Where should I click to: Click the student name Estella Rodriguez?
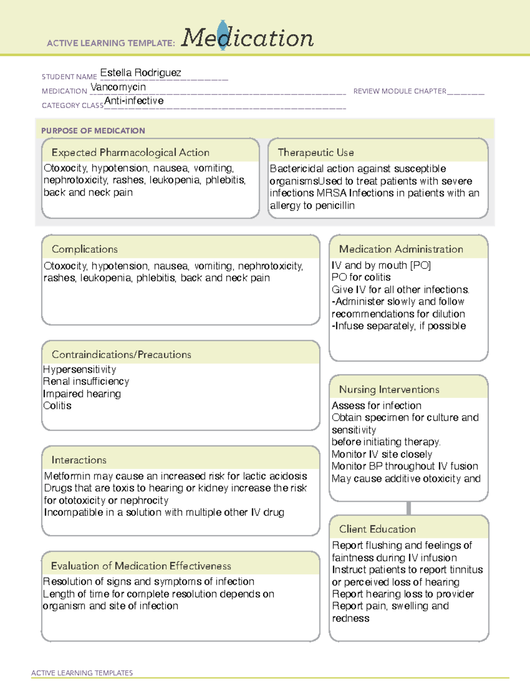pos(140,73)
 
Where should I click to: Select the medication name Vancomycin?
pos(118,87)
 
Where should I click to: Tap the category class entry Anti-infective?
pos(134,101)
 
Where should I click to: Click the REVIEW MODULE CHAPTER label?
pos(400,91)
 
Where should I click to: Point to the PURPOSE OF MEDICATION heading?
pos(93,131)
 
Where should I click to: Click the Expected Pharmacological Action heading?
pos(130,152)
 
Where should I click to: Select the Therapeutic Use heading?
pos(315,152)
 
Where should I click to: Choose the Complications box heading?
pos(84,249)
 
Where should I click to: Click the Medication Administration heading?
pos(401,249)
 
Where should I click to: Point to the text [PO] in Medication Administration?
pos(420,265)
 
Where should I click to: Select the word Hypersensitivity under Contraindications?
pos(79,370)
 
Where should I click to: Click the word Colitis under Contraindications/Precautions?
pos(57,406)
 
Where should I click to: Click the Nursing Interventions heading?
pos(389,390)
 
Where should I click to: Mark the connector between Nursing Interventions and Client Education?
pos(409,508)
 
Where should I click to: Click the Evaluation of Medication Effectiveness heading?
pos(141,566)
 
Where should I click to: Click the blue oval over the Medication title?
pos(223,35)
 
